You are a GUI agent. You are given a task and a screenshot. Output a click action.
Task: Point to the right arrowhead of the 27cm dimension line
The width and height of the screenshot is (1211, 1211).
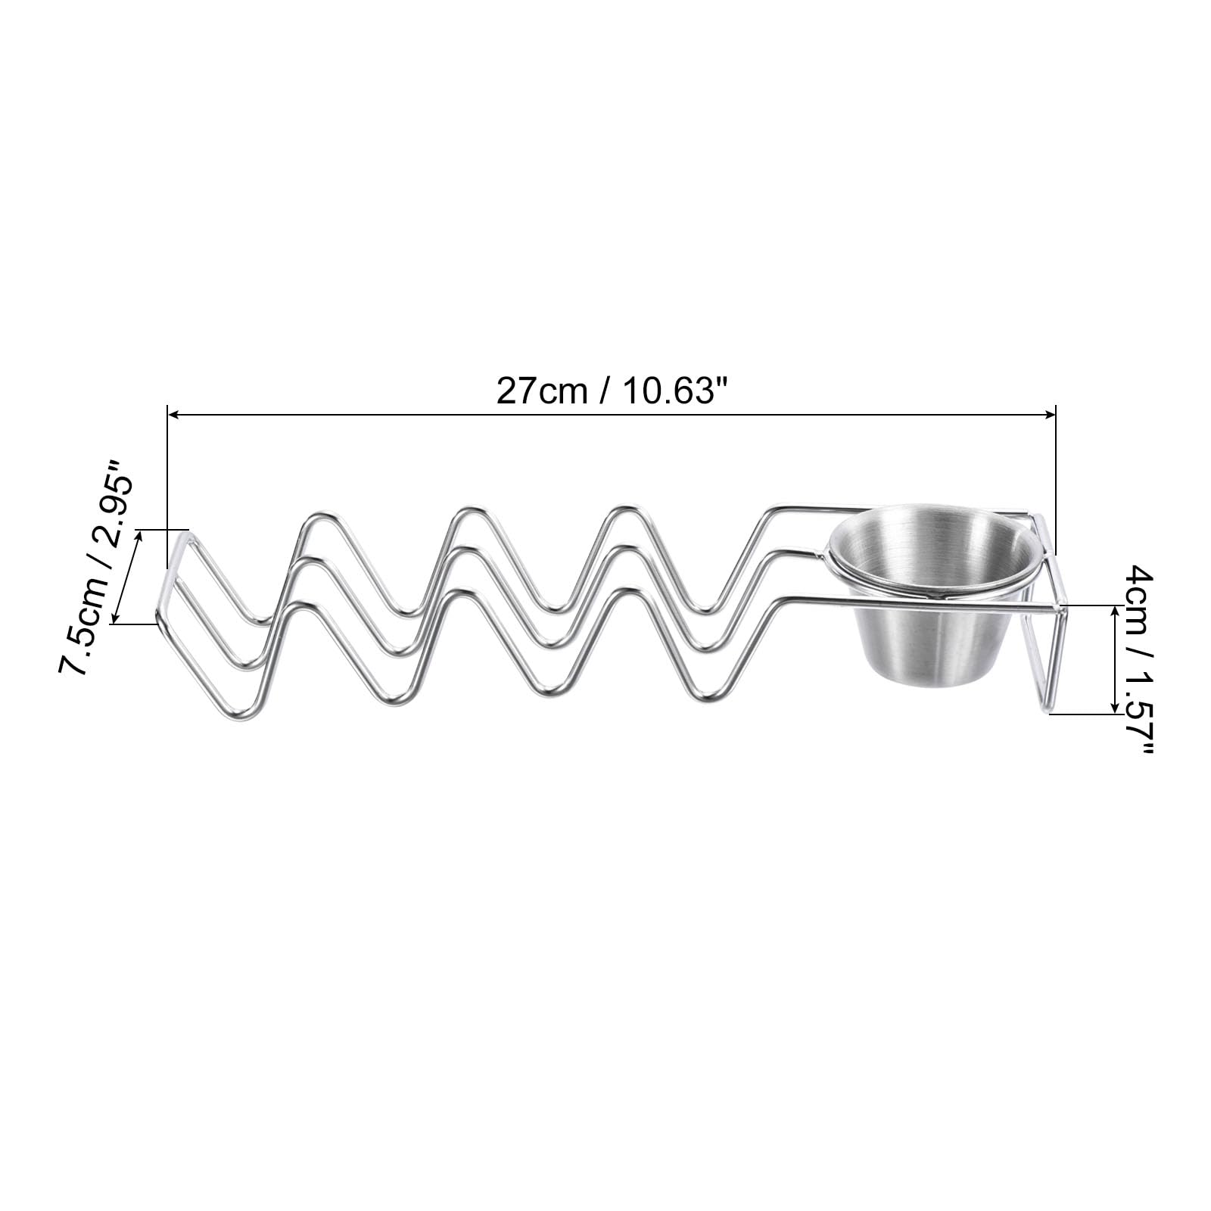pyautogui.click(x=1049, y=414)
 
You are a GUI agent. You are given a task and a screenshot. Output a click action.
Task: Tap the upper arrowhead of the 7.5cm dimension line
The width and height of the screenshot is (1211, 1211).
pyautogui.click(x=139, y=536)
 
